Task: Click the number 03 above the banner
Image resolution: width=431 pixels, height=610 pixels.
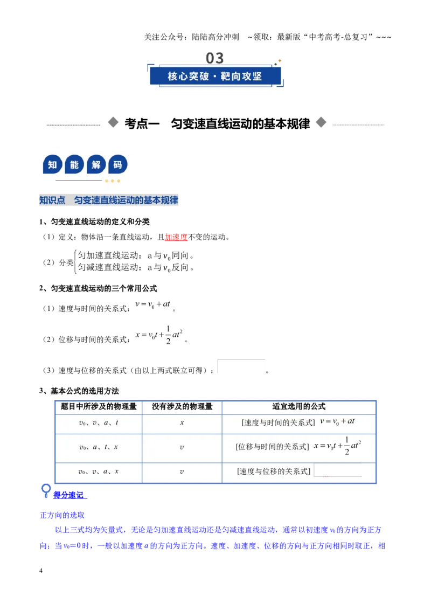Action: pos(215,58)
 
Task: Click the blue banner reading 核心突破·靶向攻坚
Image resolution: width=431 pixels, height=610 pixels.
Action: pos(215,76)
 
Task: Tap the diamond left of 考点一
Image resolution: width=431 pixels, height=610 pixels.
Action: pos(113,122)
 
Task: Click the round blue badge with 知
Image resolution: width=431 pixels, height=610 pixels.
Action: pos(52,164)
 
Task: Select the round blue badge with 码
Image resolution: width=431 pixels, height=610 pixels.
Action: pos(118,164)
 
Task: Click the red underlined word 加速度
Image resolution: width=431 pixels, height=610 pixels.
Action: pos(176,237)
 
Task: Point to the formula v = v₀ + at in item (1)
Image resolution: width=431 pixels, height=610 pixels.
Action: pos(153,304)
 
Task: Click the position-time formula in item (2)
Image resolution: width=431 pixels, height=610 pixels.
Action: pos(159,335)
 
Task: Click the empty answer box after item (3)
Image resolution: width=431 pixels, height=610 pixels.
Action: pos(241,366)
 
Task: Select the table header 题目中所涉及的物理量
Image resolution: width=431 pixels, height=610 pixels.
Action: pos(99,406)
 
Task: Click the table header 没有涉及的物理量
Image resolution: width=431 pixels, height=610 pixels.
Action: pos(182,406)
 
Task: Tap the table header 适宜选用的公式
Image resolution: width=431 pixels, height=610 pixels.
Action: pos(299,406)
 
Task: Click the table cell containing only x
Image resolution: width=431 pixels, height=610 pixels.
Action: pos(182,423)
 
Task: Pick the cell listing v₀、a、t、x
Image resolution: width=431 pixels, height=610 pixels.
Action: pos(99,447)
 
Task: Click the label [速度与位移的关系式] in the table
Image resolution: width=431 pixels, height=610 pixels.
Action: pos(274,472)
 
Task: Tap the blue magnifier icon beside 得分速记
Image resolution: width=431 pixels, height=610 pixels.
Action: pos(46,490)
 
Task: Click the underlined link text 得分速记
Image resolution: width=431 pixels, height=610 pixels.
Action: pos(68,495)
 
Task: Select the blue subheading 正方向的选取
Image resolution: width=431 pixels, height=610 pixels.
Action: pos(62,515)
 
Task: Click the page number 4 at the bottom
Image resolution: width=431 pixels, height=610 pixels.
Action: pos(41,571)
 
